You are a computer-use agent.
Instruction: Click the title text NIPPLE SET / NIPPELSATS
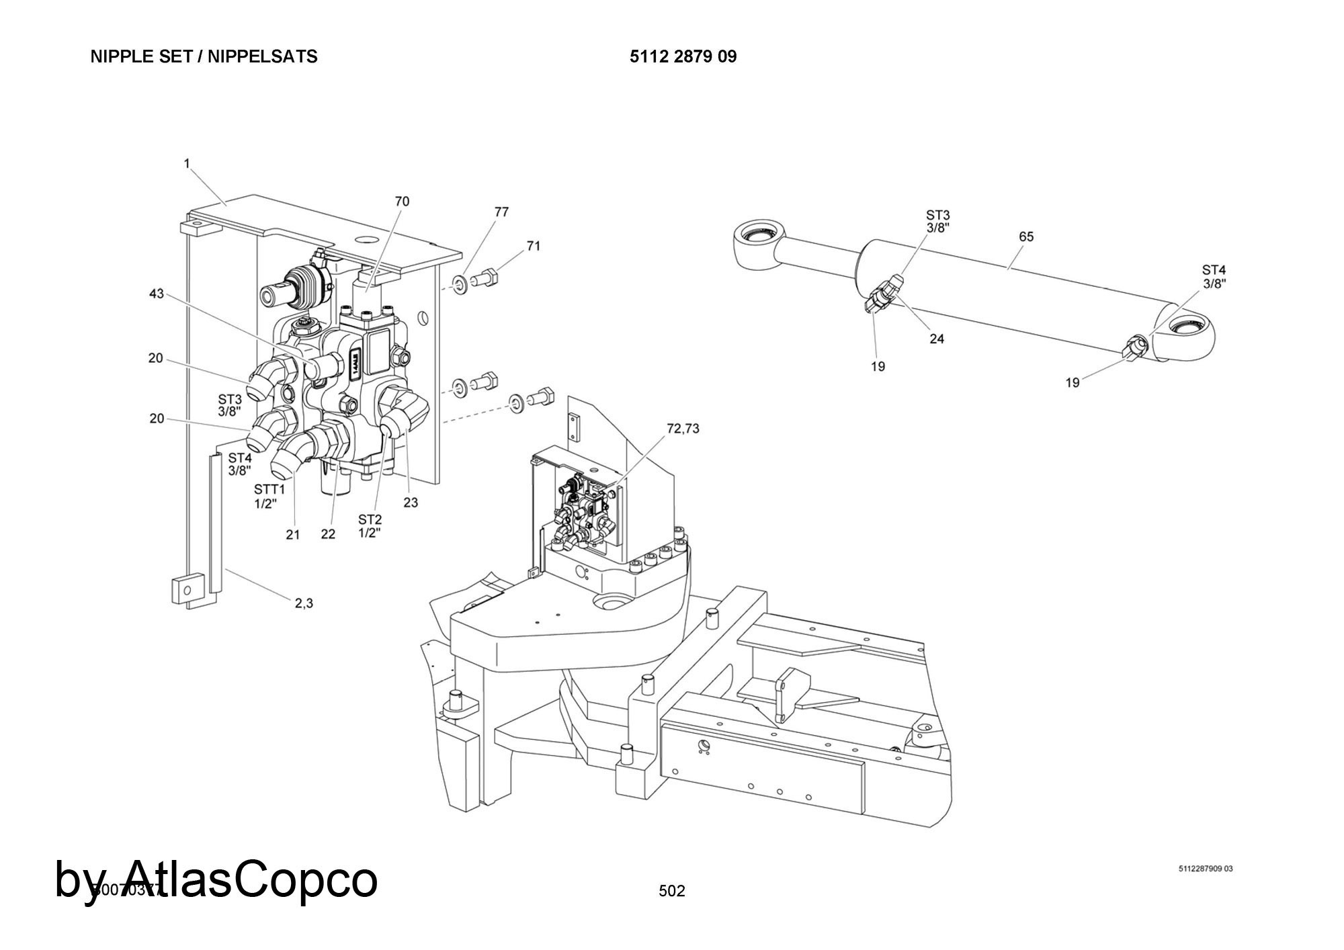(204, 57)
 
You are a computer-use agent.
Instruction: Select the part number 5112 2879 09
(683, 57)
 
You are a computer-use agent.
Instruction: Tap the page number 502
(672, 891)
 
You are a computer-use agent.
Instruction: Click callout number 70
(402, 202)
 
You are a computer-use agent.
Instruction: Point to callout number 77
(501, 212)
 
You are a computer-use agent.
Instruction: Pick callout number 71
(533, 247)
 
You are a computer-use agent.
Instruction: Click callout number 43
(156, 294)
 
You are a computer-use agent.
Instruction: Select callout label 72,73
(683, 429)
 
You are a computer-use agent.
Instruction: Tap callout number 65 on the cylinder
(1026, 237)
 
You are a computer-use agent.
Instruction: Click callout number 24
(937, 339)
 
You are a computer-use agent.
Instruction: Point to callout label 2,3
(304, 603)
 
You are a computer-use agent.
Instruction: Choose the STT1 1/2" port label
(269, 496)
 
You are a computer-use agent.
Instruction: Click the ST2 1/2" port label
(370, 526)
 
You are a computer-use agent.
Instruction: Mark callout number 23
(410, 503)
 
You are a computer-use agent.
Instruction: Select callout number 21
(292, 535)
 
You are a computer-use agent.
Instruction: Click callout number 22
(327, 535)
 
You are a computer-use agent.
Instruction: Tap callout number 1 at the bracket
(187, 163)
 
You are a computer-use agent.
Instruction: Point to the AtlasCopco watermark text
(216, 879)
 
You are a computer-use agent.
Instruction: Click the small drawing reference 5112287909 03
(1206, 869)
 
